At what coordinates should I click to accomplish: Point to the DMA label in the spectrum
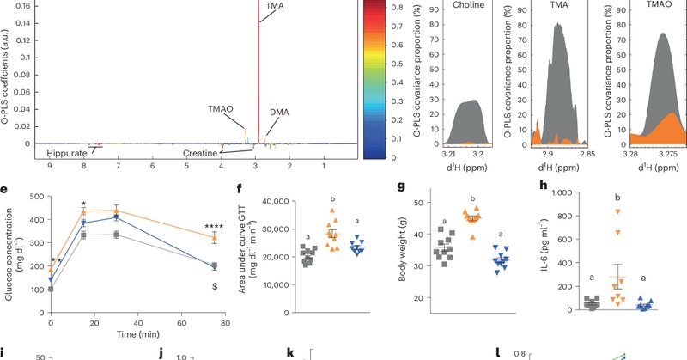tap(279, 113)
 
